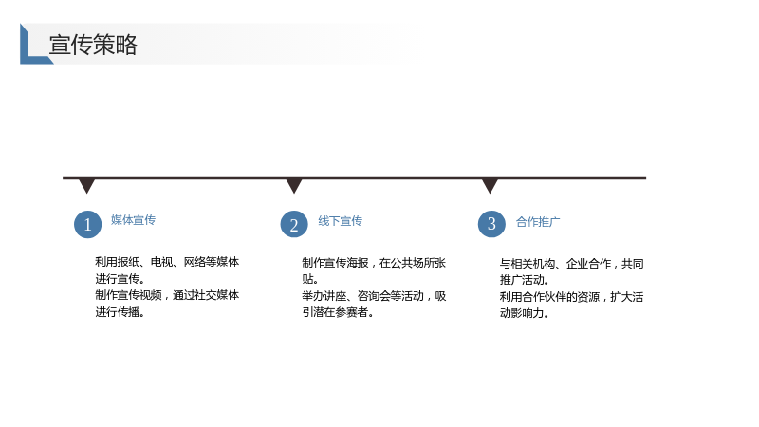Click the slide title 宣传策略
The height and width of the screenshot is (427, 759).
point(93,45)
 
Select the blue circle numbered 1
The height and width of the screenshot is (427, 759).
point(87,225)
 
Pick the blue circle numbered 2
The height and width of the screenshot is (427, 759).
point(294,225)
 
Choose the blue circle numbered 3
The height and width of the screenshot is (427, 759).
point(491,224)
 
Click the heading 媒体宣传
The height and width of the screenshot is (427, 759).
point(133,220)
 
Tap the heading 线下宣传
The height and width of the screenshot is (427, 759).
point(340,221)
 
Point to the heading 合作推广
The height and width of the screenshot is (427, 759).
point(538,222)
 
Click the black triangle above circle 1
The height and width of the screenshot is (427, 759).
point(86,185)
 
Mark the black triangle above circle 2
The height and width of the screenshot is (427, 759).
point(294,185)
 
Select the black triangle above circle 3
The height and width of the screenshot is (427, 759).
point(490,185)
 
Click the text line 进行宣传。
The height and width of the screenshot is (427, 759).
point(120,279)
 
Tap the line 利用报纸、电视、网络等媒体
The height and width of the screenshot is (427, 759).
point(167,262)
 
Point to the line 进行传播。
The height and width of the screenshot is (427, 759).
point(120,312)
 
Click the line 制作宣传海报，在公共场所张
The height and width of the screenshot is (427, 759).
point(374,263)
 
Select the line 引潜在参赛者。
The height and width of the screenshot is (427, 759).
point(338,313)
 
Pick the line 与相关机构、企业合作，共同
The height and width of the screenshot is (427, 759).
point(572,264)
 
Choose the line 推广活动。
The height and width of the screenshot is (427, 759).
point(525,280)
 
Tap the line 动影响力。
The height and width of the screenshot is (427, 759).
point(525,313)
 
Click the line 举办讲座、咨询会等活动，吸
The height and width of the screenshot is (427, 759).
point(374,296)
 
